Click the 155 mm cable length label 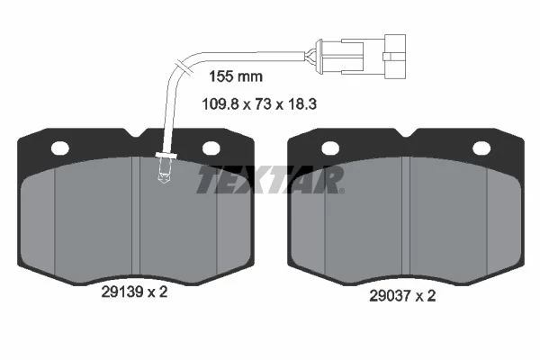[x=236, y=76]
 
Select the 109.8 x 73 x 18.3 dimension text [x=259, y=103]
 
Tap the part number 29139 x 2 [x=134, y=292]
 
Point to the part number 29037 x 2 [x=402, y=295]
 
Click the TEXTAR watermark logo [x=270, y=179]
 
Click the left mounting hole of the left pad [x=60, y=148]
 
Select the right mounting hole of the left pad [x=211, y=148]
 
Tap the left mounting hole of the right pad [x=330, y=148]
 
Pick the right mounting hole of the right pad [x=481, y=148]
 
